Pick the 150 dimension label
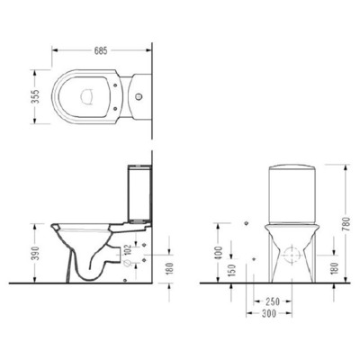point(233,268)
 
